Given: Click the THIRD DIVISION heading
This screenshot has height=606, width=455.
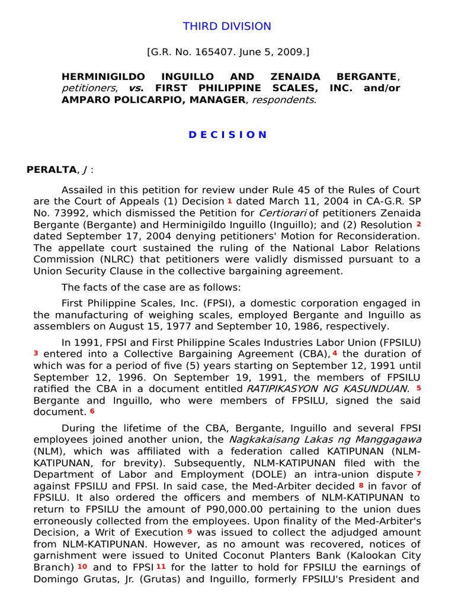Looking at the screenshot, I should tap(227, 27).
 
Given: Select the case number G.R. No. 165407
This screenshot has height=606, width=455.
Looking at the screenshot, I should tap(190, 52).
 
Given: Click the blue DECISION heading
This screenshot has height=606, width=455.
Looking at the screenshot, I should tap(227, 134).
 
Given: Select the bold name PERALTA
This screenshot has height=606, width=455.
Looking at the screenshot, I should tap(52, 170).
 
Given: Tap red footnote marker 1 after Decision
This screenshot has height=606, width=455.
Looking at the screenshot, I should tap(229, 201).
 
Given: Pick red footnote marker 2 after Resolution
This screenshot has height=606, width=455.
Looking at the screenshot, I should tap(418, 225).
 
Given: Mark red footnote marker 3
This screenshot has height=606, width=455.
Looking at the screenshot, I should tap(36, 353).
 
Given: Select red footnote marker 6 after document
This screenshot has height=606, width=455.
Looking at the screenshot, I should tap(92, 411).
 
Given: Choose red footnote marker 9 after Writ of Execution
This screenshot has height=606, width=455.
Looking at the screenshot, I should tap(190, 531).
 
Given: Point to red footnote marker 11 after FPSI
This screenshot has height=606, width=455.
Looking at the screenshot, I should tap(160, 566).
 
